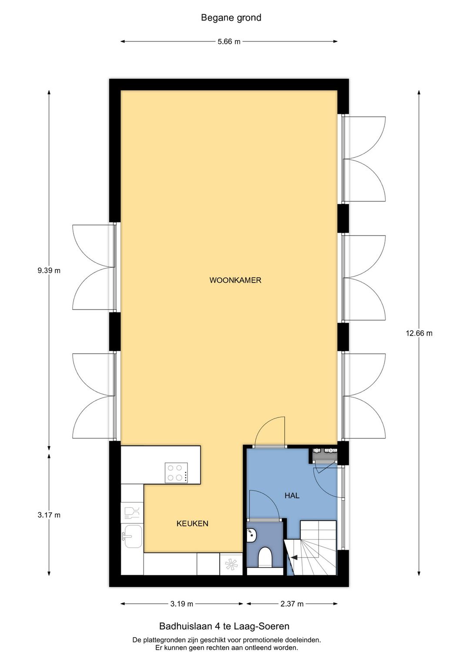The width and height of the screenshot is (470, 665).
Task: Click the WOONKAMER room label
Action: coord(235,280)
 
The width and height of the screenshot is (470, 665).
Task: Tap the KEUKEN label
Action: coord(192,523)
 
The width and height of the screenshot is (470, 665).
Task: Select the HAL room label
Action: coord(292,495)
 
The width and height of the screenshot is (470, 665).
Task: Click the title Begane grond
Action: coord(231,18)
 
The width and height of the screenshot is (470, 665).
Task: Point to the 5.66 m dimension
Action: coord(229,42)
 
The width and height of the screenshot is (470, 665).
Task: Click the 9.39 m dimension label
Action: coord(49,270)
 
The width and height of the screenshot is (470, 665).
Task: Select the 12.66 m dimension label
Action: coord(419,333)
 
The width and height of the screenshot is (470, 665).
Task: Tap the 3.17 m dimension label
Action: coord(49,515)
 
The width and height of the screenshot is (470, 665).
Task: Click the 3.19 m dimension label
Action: coord(181,604)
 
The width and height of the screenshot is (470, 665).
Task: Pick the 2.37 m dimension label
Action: coord(292,604)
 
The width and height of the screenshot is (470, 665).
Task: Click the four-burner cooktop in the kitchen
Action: coord(176,473)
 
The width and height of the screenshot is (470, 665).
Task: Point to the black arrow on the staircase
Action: coord(294,557)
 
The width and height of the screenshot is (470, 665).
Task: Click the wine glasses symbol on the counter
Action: coord(132,512)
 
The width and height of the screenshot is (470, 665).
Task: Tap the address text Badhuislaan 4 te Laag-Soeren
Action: coord(224,626)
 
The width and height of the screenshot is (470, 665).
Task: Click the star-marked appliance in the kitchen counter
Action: coord(231,564)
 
